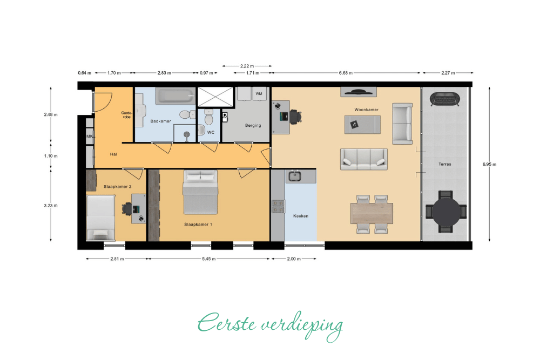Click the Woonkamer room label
point(366,110)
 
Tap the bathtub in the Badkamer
point(175,96)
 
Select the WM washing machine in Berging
point(259,93)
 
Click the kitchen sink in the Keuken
point(295,176)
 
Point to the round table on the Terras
point(446,212)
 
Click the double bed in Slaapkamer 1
point(200,192)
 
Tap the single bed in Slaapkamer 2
point(100,218)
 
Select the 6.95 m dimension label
point(489,164)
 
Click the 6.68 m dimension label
point(346,73)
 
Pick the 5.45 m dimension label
point(208,259)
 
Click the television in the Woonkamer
point(359,92)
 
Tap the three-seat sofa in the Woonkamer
point(363,159)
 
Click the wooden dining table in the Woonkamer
point(372,214)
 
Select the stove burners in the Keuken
point(278,207)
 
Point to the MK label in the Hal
point(90,137)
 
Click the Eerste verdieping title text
point(271,325)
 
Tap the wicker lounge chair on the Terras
point(446,99)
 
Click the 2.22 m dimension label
point(247,66)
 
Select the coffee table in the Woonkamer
point(363,125)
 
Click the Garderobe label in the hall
point(127,115)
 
